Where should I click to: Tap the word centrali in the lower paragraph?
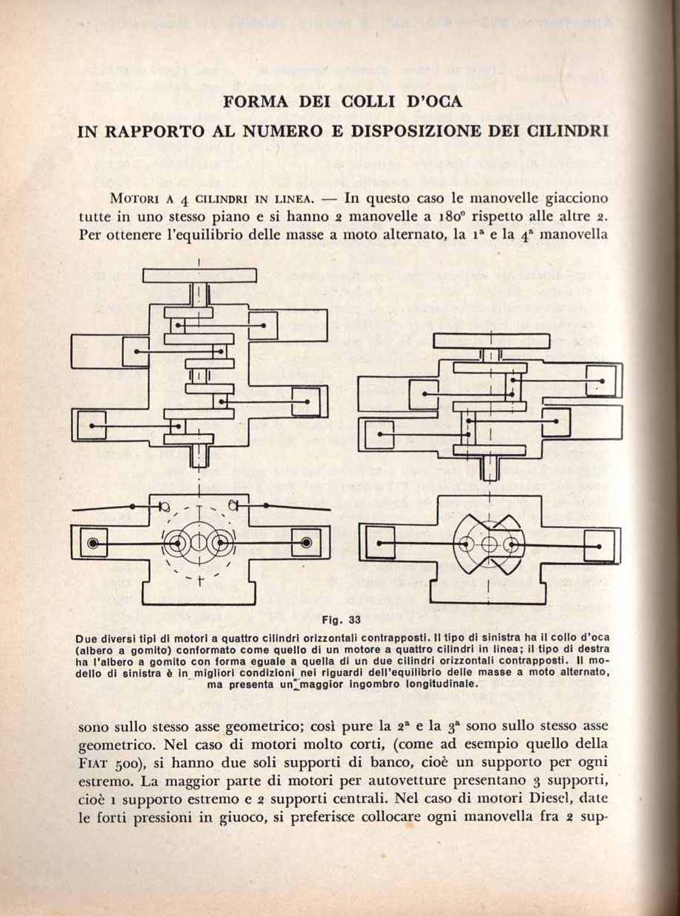point(357,799)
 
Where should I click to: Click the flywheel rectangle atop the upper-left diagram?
point(199,276)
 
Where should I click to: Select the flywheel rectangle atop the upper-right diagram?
point(491,341)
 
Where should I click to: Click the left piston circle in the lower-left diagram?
point(92,544)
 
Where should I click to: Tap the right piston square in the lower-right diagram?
point(599,545)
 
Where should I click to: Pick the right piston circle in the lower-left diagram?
point(306,544)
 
